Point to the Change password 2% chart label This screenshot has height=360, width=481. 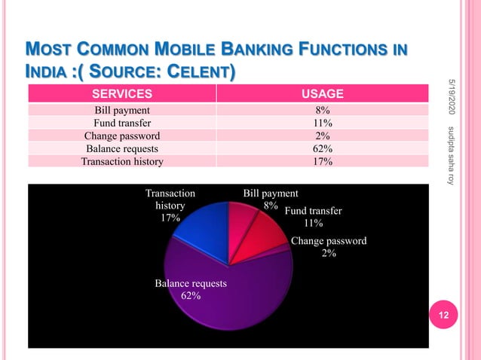pyautogui.click(x=329, y=247)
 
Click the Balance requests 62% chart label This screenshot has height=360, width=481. pyautogui.click(x=191, y=289)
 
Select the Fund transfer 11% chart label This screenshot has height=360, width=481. pyautogui.click(x=313, y=217)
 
